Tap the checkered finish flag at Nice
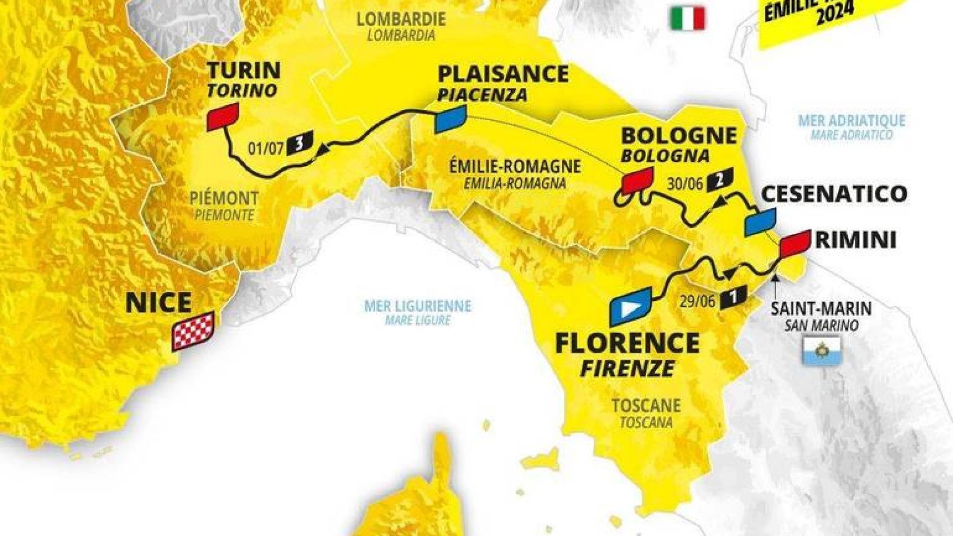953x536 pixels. [193, 331]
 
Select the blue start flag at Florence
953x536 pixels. [631, 304]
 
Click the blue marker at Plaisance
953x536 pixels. [450, 120]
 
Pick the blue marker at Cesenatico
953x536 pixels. [760, 222]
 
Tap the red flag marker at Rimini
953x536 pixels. [795, 243]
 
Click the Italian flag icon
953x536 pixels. [687, 18]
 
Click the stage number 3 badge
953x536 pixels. [300, 143]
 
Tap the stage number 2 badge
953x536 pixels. [720, 182]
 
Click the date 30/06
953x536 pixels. [685, 184]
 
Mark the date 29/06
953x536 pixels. [698, 302]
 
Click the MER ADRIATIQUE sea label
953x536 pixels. [851, 121]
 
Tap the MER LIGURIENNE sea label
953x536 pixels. [417, 306]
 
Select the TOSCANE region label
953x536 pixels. [646, 405]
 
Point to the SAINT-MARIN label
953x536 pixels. [821, 308]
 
